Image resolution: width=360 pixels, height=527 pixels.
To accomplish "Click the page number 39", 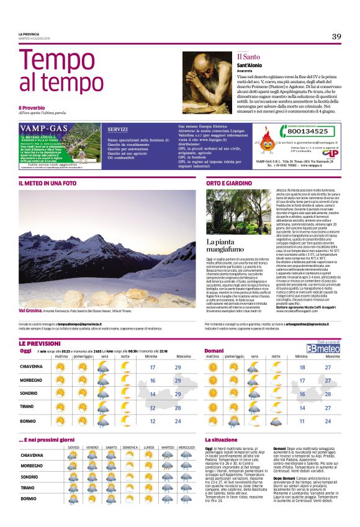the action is click(336, 37).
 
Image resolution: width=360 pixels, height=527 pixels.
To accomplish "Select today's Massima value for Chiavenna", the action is click(178, 368).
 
